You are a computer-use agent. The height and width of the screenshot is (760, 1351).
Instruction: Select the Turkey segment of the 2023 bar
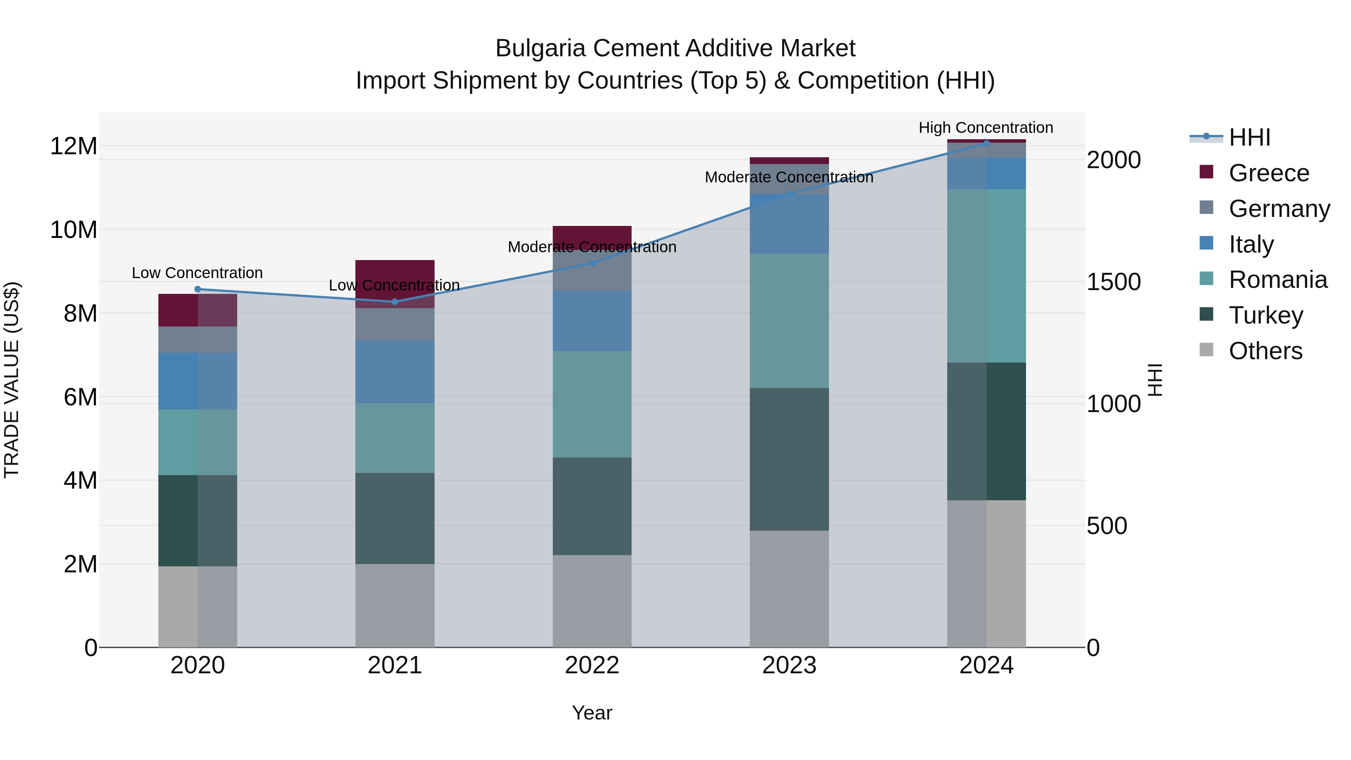pos(789,459)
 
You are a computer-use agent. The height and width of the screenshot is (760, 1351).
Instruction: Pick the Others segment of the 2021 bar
pos(394,605)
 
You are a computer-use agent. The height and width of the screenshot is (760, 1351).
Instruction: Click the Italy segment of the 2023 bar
pos(789,224)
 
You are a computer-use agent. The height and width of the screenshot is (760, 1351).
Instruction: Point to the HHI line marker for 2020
pos(198,289)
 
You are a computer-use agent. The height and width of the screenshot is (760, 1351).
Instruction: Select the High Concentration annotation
pos(985,128)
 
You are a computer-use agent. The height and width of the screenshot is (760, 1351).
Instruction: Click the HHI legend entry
pos(1249,137)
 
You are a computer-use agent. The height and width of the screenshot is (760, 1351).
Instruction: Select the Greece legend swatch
pos(1206,172)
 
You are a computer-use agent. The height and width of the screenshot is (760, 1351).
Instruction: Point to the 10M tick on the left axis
pos(74,230)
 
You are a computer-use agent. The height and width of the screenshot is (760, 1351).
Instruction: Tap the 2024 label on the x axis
pos(986,665)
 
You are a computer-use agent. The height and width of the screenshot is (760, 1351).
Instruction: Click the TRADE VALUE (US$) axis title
pos(12,380)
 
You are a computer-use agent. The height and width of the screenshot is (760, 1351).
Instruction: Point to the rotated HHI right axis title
pos(1155,380)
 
